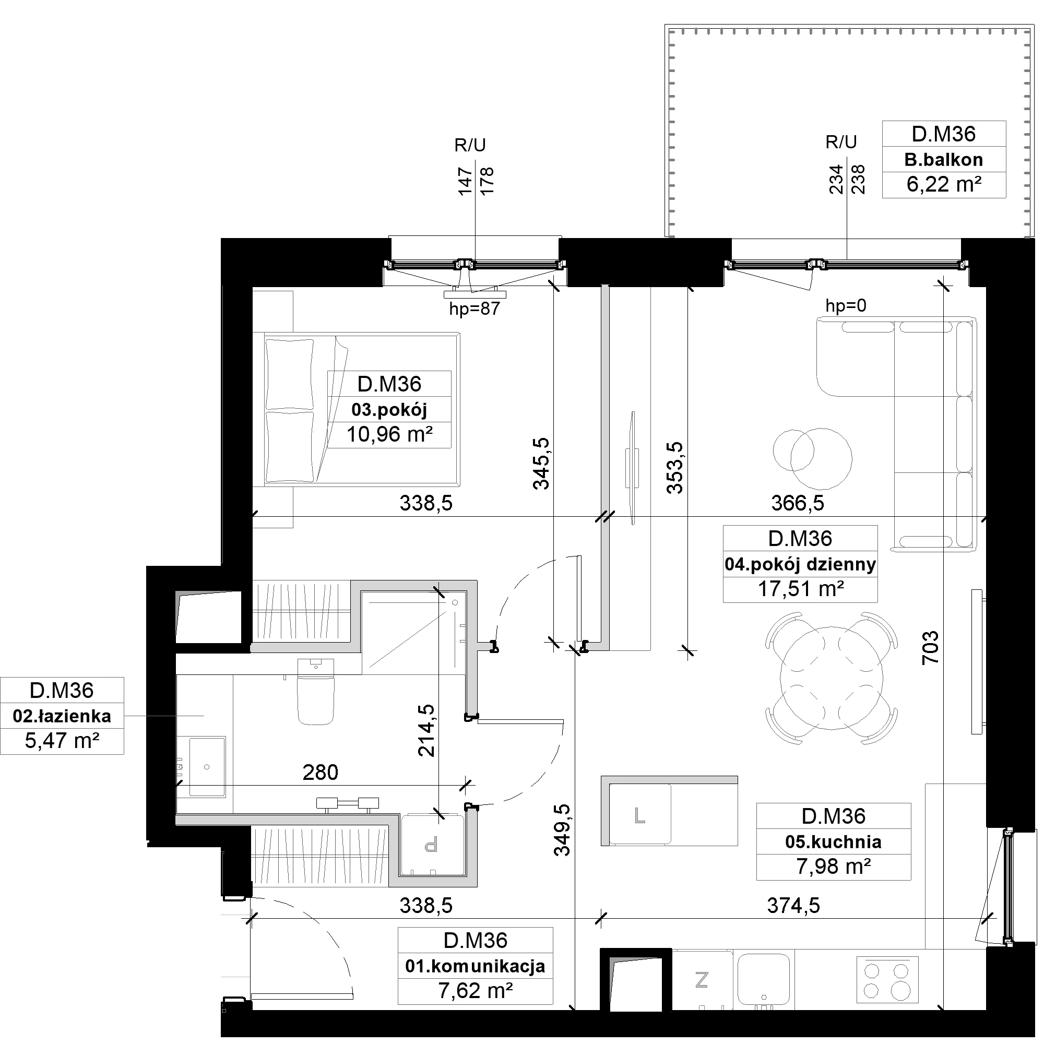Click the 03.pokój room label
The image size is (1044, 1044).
coord(389,410)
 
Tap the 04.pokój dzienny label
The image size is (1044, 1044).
coord(800,565)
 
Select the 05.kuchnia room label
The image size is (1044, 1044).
coord(833,842)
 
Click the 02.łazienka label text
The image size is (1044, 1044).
coord(62,716)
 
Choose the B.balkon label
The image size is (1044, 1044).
coord(943,160)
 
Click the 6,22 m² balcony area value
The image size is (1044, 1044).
coord(943,185)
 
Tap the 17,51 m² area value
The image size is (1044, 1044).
coord(800,589)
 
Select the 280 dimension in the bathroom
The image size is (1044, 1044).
coord(321,773)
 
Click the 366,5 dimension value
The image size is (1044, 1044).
coord(797,503)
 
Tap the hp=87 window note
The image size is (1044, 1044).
coord(474,309)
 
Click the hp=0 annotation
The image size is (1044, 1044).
coord(846,306)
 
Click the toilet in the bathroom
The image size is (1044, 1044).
coord(316,691)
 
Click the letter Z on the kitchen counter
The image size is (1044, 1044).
coord(702,979)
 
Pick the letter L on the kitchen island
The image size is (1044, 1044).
coord(640,815)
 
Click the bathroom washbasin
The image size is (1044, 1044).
coord(207,766)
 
